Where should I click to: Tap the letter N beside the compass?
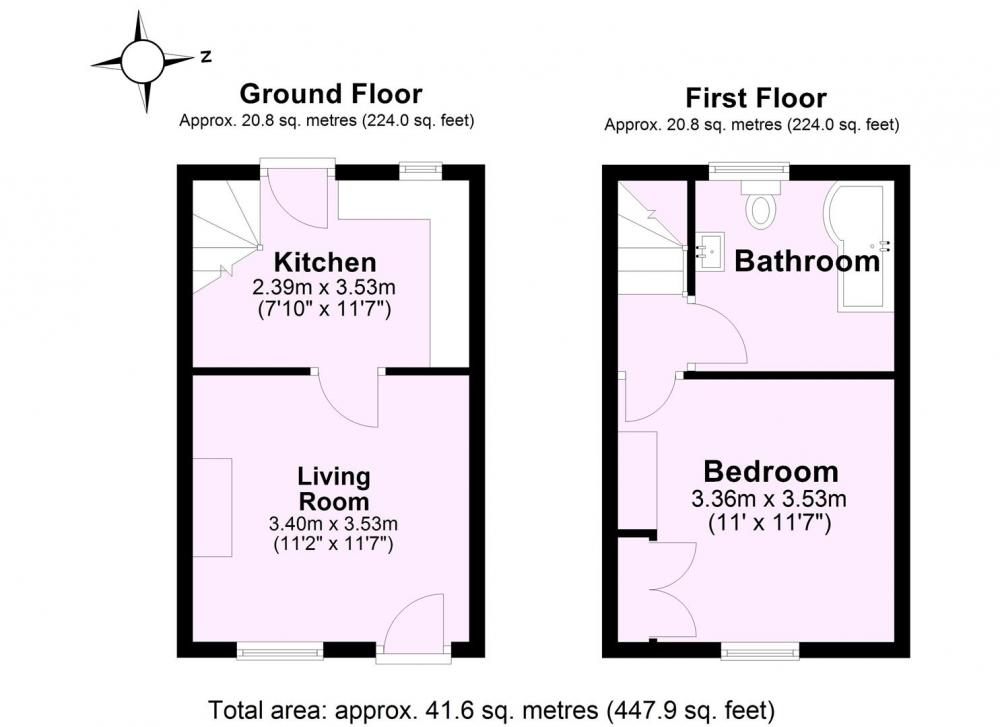tap(205, 57)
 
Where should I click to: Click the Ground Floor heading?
tap(330, 94)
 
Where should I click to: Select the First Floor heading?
tap(756, 98)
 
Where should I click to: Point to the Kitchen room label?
tap(325, 262)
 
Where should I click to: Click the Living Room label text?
tap(334, 488)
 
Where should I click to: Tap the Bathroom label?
tap(807, 261)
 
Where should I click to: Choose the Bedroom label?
tap(770, 472)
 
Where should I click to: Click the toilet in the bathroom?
tap(761, 203)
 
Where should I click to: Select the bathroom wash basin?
tap(709, 250)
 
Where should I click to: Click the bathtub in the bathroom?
tap(859, 247)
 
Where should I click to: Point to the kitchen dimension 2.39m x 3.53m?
tap(324, 287)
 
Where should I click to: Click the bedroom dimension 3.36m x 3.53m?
tap(769, 498)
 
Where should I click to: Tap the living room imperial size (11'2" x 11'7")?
tap(333, 545)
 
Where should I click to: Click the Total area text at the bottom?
tap(492, 709)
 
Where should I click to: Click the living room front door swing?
tap(415, 624)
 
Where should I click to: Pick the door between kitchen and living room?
tap(348, 397)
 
